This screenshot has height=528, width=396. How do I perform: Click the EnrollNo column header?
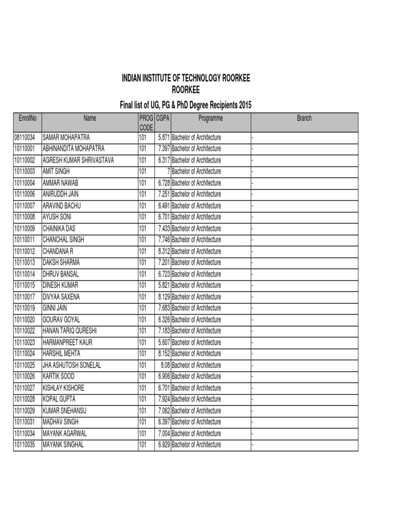pos(27,119)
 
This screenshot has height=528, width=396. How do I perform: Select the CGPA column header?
pos(163,119)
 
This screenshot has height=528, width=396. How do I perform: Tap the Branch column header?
pos(304,119)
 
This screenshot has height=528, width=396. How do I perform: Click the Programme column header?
pos(210,119)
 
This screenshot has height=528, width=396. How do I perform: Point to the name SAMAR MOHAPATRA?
pos(66,138)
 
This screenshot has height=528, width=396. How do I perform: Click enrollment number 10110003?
pos(25,171)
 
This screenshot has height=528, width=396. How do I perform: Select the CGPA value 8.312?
pos(164,251)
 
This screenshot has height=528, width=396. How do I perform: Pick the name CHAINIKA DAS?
pos(59,228)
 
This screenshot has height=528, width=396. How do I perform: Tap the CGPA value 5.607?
pos(164,342)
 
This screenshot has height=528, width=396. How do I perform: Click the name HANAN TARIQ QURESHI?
pos(70,331)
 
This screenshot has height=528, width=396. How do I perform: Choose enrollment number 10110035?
pos(25,444)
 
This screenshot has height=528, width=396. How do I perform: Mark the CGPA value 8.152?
pos(164,354)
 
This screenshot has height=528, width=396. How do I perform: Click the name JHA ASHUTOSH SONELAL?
pos(72,365)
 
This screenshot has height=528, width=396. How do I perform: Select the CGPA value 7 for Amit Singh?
pos(168,171)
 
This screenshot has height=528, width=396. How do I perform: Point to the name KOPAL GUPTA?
pos(59,399)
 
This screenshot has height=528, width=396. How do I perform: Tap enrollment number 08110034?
pos(25,138)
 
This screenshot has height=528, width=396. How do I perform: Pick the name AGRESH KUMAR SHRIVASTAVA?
pos(78,160)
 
